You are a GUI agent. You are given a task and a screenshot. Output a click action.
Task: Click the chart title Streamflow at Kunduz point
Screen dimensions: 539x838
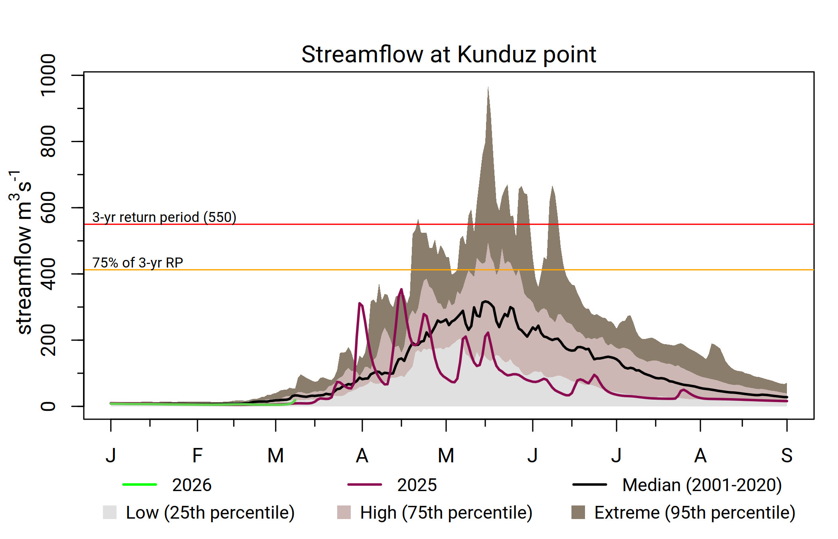pyautogui.click(x=448, y=54)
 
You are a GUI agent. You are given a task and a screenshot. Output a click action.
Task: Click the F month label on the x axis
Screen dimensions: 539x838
pyautogui.click(x=197, y=456)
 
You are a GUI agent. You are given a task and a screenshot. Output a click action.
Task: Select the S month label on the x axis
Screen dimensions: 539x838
pyautogui.click(x=787, y=456)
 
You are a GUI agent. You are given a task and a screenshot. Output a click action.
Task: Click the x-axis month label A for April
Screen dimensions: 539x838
pyautogui.click(x=362, y=456)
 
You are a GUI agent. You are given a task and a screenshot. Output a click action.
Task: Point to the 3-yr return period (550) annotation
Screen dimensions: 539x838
pyautogui.click(x=164, y=217)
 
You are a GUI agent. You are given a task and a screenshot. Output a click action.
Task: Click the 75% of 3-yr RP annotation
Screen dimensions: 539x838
pyautogui.click(x=138, y=263)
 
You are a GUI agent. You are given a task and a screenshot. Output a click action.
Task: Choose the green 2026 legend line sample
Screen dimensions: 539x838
pyautogui.click(x=140, y=485)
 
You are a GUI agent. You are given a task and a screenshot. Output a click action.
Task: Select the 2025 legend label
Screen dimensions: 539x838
pyautogui.click(x=417, y=485)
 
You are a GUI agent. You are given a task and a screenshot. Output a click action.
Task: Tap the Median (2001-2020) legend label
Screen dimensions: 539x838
pyautogui.click(x=702, y=485)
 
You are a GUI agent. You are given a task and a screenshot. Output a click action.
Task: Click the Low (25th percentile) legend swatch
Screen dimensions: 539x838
pyautogui.click(x=110, y=512)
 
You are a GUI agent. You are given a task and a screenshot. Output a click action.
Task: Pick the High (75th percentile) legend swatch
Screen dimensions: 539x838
pyautogui.click(x=344, y=512)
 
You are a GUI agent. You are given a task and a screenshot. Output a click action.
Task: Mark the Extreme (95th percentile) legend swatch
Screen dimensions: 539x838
pyautogui.click(x=578, y=512)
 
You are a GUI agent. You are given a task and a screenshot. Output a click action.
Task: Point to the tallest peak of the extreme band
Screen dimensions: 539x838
pyautogui.click(x=488, y=88)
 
